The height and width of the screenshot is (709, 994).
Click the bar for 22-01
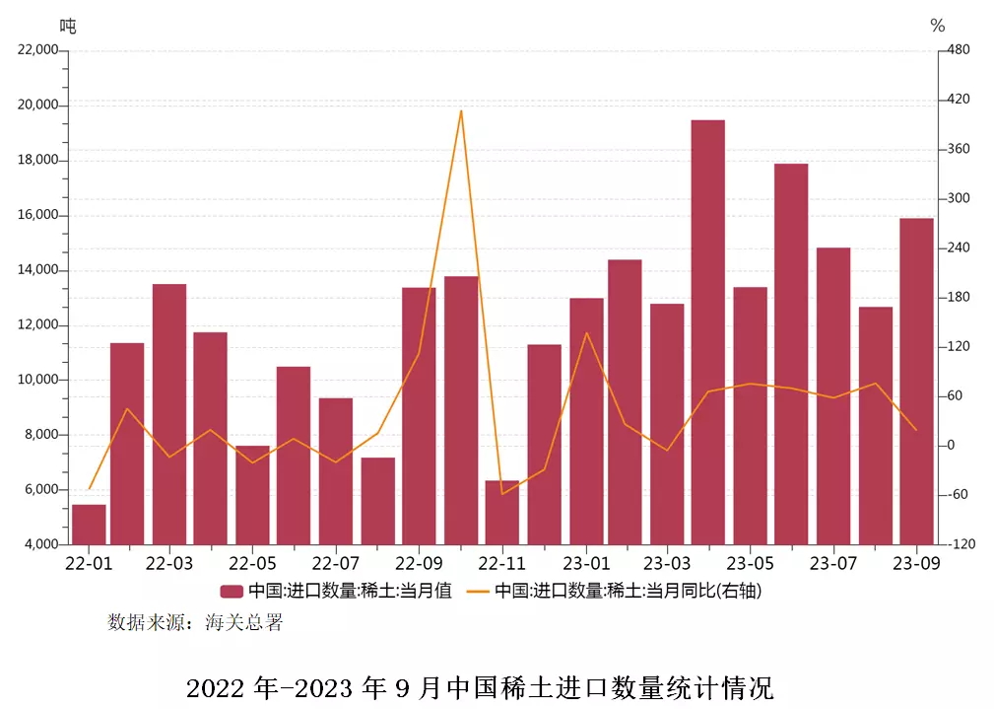(x=89, y=524)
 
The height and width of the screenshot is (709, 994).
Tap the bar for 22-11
(x=501, y=512)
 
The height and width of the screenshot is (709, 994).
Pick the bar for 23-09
(x=916, y=381)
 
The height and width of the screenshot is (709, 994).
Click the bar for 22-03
(x=169, y=414)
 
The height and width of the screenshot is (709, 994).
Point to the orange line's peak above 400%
(x=461, y=111)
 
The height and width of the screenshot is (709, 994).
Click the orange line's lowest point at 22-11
(x=501, y=493)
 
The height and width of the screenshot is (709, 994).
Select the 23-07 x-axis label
(x=832, y=564)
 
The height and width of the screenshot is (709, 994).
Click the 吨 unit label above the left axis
(x=68, y=26)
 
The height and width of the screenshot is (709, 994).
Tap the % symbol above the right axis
(x=937, y=26)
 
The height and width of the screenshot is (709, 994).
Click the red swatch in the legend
(x=231, y=592)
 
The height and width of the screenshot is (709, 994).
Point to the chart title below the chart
(x=480, y=686)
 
